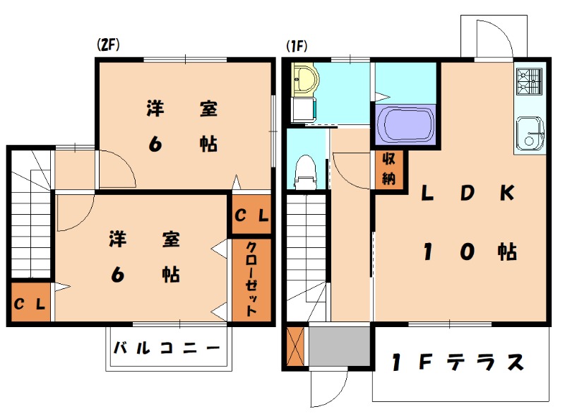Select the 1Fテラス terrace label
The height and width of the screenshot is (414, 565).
(460, 362)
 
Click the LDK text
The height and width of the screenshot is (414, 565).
(468, 193)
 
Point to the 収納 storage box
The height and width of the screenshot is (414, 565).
(388, 170)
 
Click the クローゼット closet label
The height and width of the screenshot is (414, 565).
(251, 279)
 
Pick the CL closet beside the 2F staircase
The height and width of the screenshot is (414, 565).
(30, 304)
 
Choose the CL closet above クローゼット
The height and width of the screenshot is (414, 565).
(251, 215)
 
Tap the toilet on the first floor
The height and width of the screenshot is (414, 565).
(304, 172)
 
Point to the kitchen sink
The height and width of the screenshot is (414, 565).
(530, 132)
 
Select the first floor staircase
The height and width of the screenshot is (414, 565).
(307, 247)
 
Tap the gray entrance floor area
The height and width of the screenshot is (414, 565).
(340, 347)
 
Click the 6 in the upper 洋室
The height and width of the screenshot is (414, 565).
(155, 143)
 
